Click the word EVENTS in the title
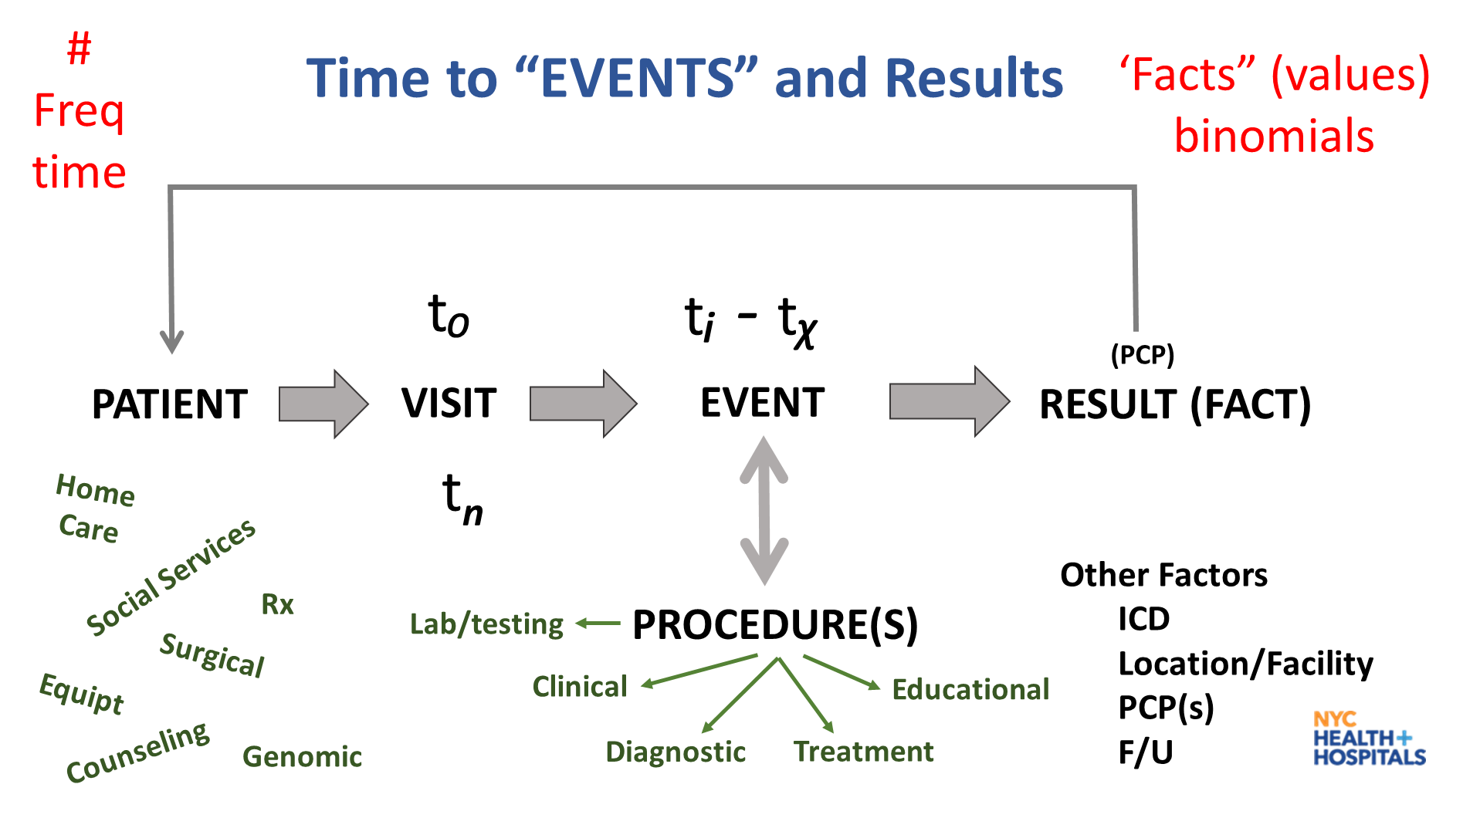[637, 79]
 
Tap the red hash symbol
[79, 49]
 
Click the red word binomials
[1274, 137]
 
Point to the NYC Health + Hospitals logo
[1369, 739]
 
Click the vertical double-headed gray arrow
[764, 510]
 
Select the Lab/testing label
[486, 624]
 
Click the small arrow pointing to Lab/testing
[598, 623]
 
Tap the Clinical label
[580, 686]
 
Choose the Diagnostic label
[676, 752]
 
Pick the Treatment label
[864, 752]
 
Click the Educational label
[970, 689]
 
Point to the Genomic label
[302, 756]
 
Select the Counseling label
[137, 752]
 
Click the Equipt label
[82, 693]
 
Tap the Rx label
[277, 604]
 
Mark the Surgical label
[212, 654]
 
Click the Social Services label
[171, 576]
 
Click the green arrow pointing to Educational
[842, 671]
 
